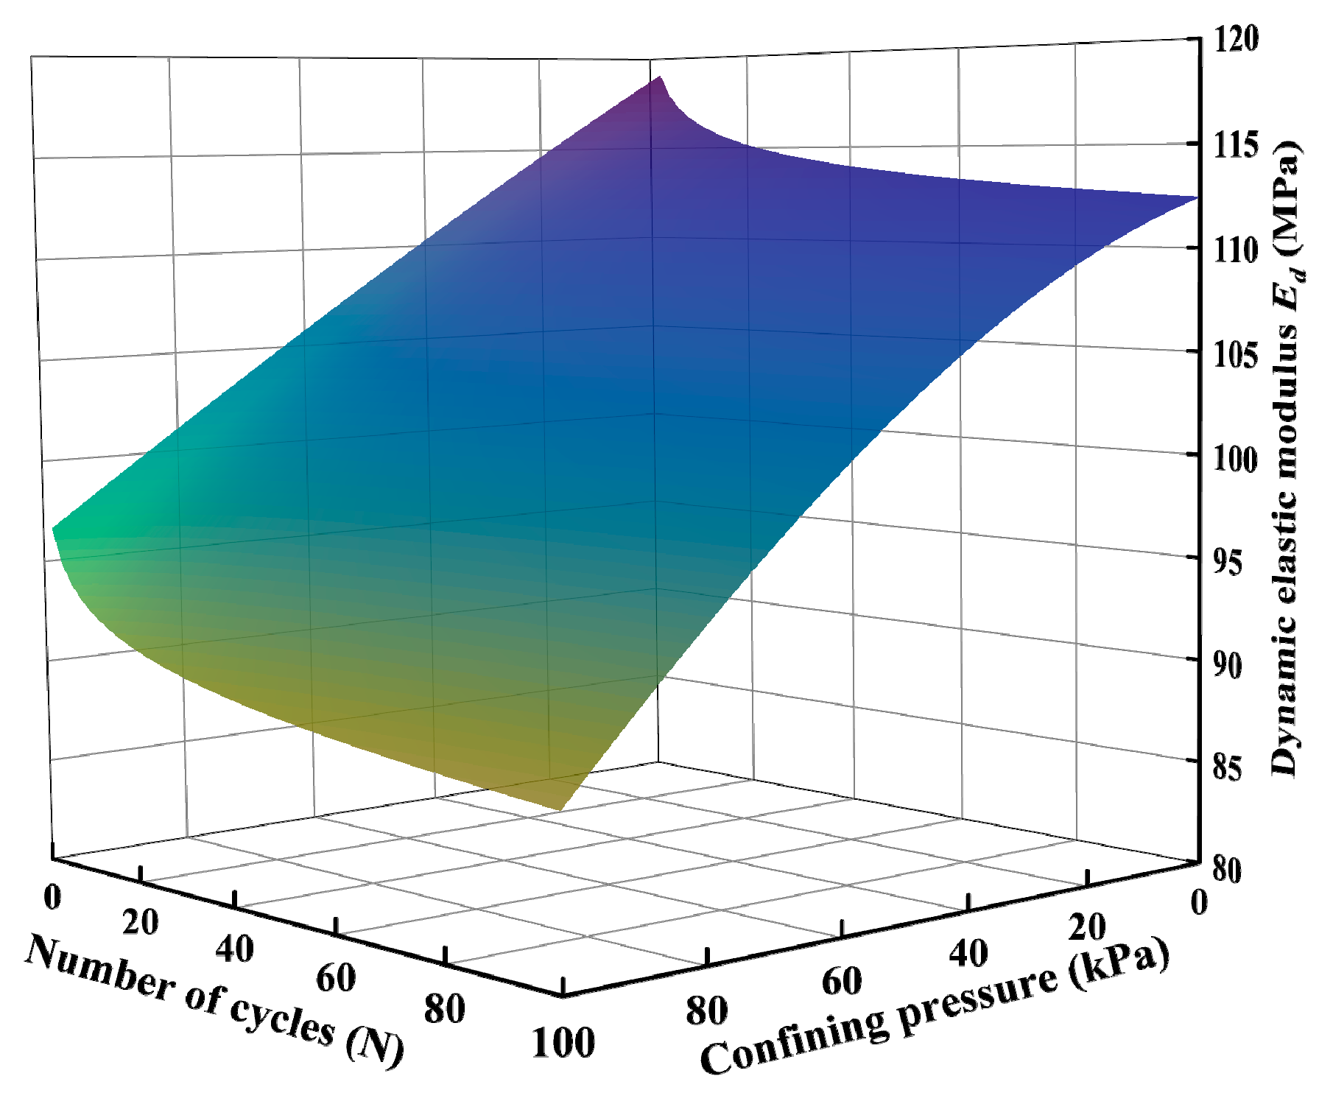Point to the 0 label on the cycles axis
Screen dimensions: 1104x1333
pyautogui.click(x=52, y=896)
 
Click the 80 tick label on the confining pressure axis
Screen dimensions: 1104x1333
pyautogui.click(x=707, y=1011)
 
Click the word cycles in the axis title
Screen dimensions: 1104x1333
pyautogui.click(x=283, y=1017)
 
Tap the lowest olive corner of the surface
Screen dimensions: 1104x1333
pyautogui.click(x=561, y=809)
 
